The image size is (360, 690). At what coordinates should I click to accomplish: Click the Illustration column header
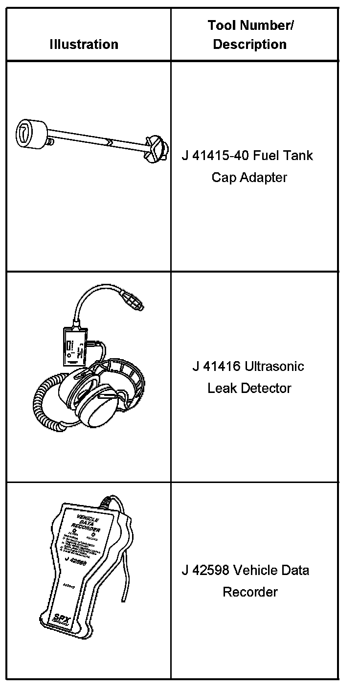[x=84, y=45]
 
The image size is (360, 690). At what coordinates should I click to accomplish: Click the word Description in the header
[x=249, y=45]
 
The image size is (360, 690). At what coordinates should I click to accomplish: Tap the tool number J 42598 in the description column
[x=204, y=570]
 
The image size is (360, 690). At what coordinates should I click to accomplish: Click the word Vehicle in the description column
[x=256, y=570]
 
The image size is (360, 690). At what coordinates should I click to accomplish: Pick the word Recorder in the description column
[x=250, y=592]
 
